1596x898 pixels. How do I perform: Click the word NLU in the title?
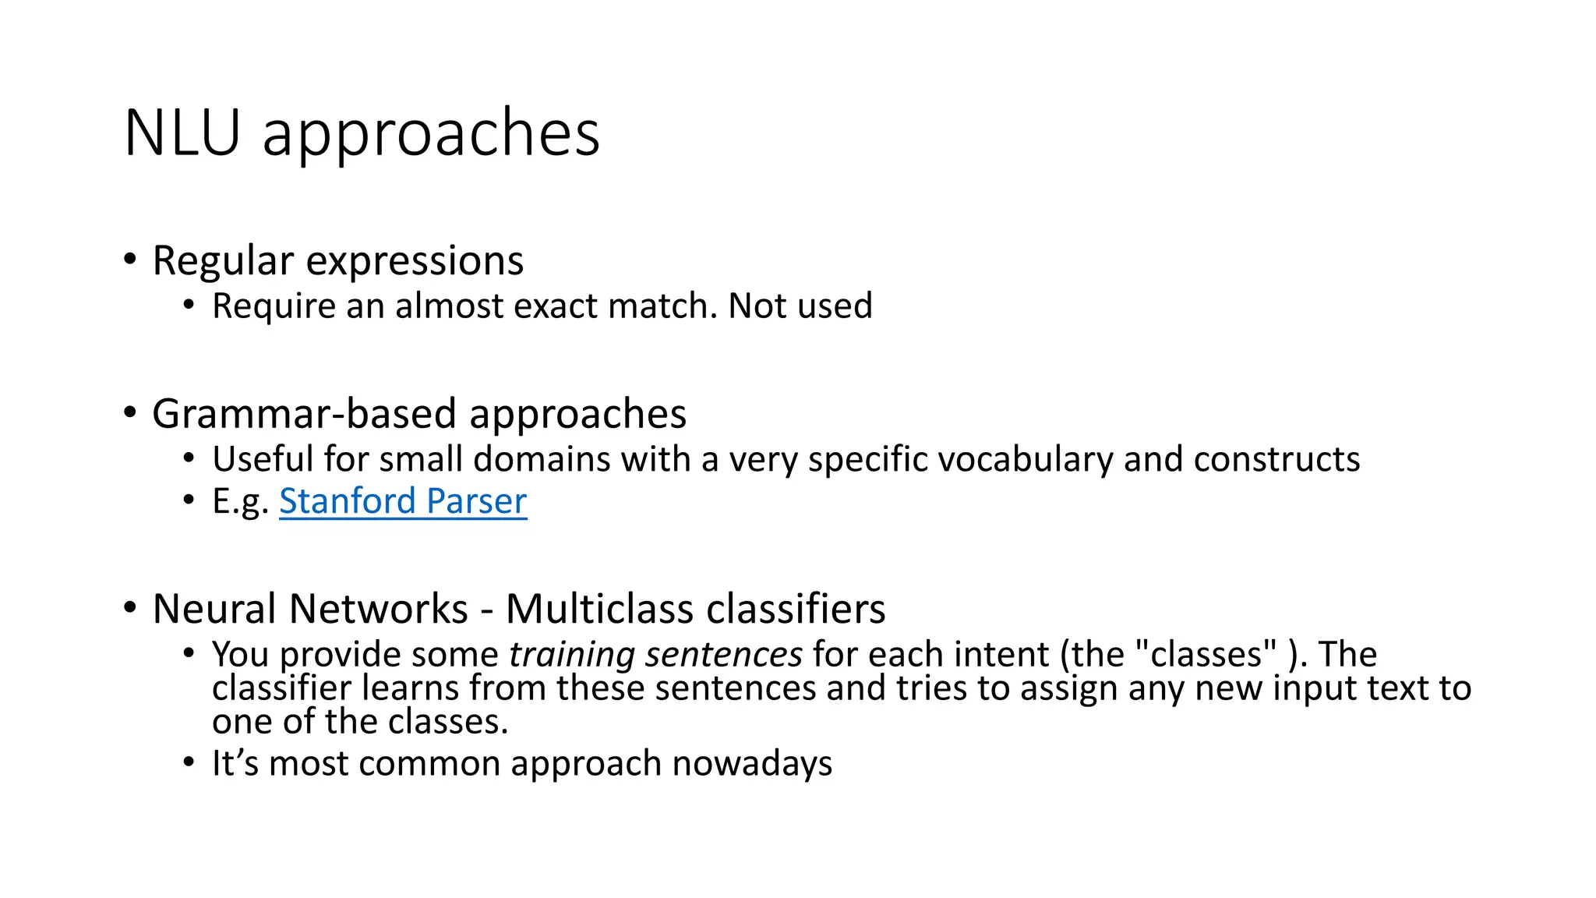(182, 133)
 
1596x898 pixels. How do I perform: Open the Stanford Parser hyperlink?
(403, 501)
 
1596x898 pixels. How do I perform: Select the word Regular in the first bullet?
(223, 262)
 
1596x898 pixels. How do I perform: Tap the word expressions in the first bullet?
(415, 262)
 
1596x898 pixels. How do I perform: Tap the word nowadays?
(752, 763)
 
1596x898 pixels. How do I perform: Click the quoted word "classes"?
(1203, 654)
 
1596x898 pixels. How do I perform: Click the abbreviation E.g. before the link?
(240, 501)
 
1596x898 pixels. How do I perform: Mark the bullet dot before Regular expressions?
(130, 259)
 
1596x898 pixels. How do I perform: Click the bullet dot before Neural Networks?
(130, 607)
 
